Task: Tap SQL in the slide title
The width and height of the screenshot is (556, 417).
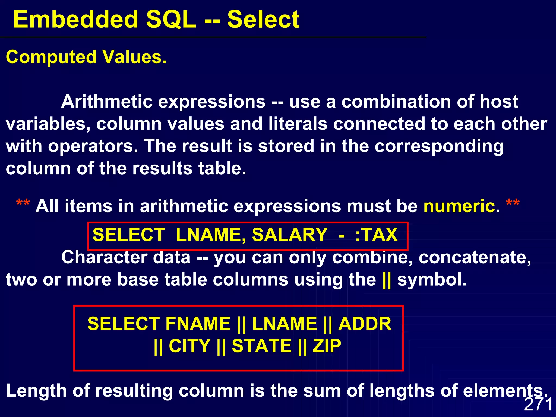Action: [171, 20]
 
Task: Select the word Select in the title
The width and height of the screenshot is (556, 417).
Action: [263, 20]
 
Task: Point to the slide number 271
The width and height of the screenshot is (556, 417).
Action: [538, 404]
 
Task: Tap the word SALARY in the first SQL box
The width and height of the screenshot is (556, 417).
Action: [289, 235]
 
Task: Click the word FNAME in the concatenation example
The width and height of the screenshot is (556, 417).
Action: [198, 324]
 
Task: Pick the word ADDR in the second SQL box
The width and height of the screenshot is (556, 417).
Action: [365, 324]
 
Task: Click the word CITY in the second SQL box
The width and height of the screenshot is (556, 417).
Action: [189, 346]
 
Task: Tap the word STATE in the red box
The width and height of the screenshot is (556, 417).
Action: [262, 346]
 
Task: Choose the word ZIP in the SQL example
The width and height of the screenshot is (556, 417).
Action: [327, 346]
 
